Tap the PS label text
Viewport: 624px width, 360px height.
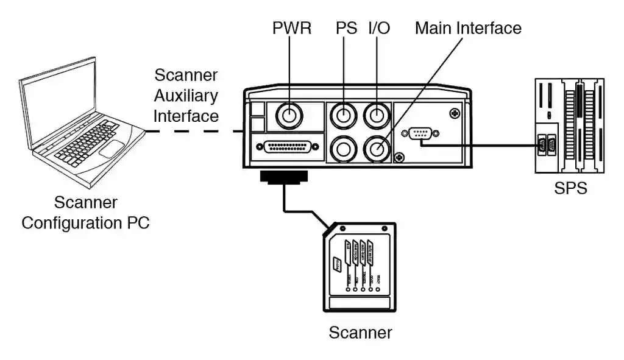(x=346, y=28)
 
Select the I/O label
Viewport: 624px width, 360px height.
(x=379, y=28)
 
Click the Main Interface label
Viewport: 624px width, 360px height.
(x=468, y=28)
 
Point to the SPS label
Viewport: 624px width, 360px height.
(x=570, y=188)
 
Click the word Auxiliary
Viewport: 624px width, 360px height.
(x=186, y=96)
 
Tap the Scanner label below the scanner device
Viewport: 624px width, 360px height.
(x=360, y=333)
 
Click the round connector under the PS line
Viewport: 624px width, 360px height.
(x=345, y=114)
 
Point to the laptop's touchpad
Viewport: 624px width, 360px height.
(x=111, y=148)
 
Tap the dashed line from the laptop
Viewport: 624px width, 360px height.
(x=195, y=131)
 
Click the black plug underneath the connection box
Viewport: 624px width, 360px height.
(x=284, y=177)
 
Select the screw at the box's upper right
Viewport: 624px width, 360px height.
(x=454, y=113)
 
